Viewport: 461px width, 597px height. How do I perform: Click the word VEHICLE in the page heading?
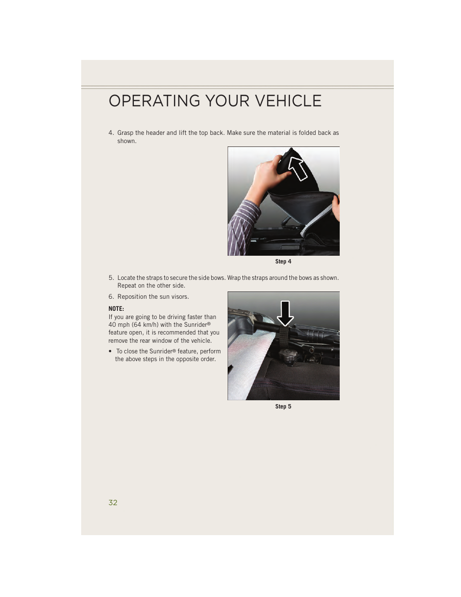[x=288, y=101]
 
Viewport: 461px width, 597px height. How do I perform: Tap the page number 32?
[x=113, y=503]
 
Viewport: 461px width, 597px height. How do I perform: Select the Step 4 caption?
[x=283, y=262]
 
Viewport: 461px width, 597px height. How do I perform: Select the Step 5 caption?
[x=283, y=407]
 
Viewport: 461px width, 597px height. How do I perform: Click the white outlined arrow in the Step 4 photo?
[x=298, y=168]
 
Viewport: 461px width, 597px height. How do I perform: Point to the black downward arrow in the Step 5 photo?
[x=285, y=313]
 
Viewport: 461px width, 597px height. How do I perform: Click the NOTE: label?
[x=116, y=308]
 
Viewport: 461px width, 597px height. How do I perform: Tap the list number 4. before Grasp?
[x=111, y=133]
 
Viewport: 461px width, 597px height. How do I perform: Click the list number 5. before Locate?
[x=111, y=278]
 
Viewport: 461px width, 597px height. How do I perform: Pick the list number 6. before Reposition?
[x=111, y=297]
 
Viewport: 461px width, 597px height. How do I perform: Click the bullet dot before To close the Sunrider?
[x=111, y=351]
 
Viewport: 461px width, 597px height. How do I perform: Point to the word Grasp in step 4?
[x=125, y=133]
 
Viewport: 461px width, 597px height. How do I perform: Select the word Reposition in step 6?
[x=132, y=297]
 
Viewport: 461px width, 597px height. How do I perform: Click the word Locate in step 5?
[x=126, y=278]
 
